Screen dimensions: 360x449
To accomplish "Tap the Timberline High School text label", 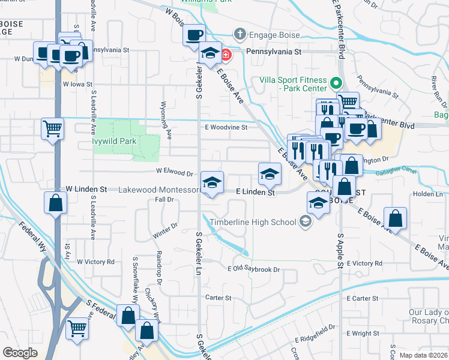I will [259, 222].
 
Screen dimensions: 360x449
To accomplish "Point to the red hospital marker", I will [226, 55].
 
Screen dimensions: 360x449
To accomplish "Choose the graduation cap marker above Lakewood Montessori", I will [211, 182].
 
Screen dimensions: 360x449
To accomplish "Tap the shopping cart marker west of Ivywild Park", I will [52, 128].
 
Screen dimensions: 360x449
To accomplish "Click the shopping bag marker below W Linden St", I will [55, 203].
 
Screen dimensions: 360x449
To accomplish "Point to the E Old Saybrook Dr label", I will [254, 269].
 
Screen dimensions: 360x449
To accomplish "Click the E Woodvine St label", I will [226, 127].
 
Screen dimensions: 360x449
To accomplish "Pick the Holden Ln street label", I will [427, 194].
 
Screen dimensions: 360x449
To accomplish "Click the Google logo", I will [20, 353].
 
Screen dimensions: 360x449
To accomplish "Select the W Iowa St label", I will [77, 85].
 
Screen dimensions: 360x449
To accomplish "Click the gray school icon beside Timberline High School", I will [306, 222].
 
